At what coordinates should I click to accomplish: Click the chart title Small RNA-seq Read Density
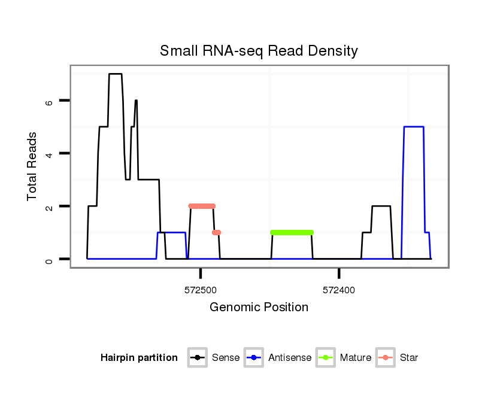click(x=259, y=51)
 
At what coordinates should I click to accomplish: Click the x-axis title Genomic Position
click(x=259, y=308)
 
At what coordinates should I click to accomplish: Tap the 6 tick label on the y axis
click(x=49, y=101)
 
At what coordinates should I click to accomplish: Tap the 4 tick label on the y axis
click(x=49, y=154)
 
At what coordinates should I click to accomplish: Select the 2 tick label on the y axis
click(x=49, y=206)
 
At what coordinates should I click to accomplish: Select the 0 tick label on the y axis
click(x=49, y=259)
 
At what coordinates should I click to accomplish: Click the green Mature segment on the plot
click(x=292, y=232)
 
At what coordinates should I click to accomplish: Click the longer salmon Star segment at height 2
click(x=202, y=206)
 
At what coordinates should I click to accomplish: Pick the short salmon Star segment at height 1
click(x=216, y=232)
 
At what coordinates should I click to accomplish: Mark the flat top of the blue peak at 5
click(x=414, y=127)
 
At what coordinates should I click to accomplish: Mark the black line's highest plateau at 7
click(x=115, y=74)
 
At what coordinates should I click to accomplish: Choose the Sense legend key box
click(x=196, y=358)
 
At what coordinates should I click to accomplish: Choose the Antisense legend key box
click(x=254, y=358)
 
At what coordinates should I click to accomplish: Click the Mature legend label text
click(x=356, y=358)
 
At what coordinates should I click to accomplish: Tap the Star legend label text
click(x=409, y=358)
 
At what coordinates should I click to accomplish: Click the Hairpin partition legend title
click(x=139, y=358)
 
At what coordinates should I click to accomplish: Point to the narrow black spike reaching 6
click(x=136, y=101)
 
